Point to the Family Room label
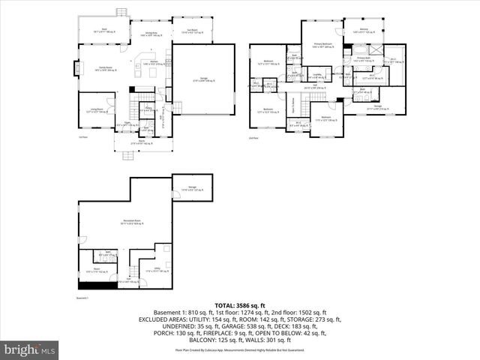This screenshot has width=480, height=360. [100, 69]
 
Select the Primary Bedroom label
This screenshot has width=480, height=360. [322, 45]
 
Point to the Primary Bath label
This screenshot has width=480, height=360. [364, 59]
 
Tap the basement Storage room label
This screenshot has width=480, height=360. [192, 189]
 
